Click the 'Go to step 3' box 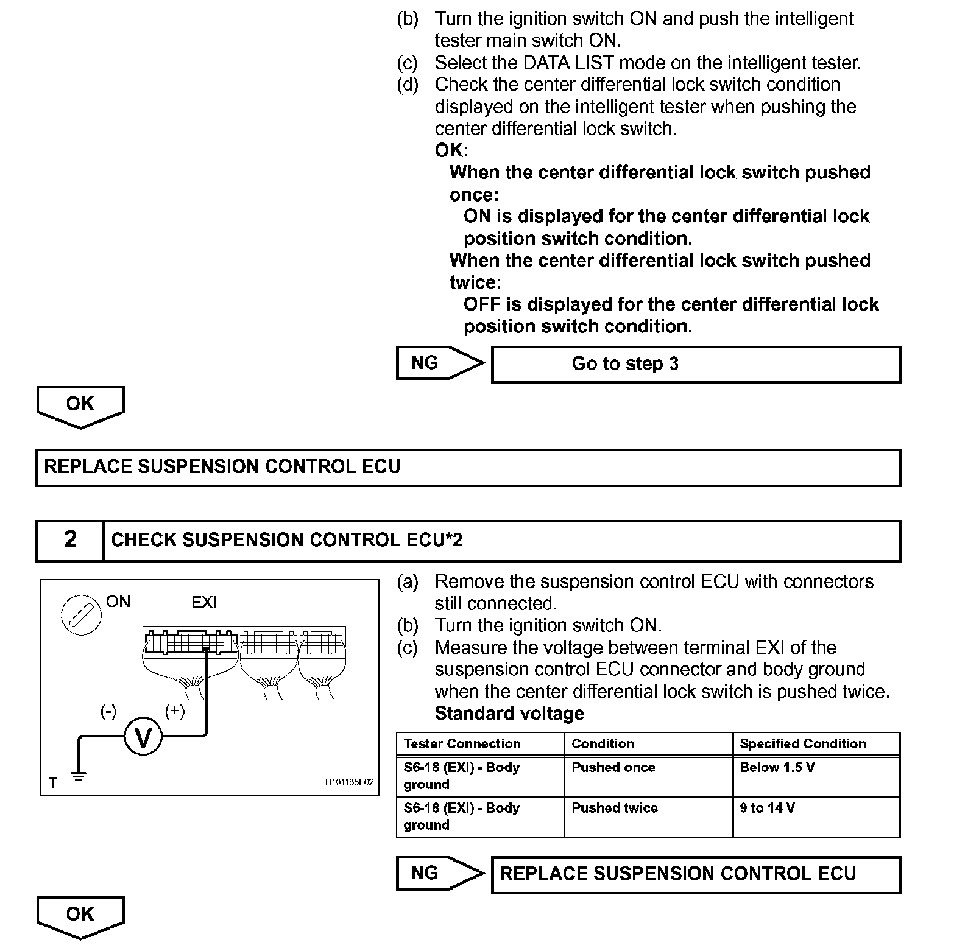click(x=696, y=365)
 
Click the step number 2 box click(x=70, y=540)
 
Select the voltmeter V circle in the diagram click(x=143, y=737)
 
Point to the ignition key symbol click(x=80, y=615)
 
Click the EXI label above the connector click(x=204, y=603)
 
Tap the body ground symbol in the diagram click(x=78, y=777)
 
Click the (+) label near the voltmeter click(x=175, y=711)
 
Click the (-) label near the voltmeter click(x=108, y=711)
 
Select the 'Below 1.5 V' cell click(x=816, y=776)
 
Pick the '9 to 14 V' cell click(x=816, y=817)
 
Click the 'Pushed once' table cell click(x=648, y=776)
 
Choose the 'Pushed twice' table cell click(x=648, y=817)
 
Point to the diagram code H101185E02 click(x=349, y=782)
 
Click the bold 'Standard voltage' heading click(x=509, y=714)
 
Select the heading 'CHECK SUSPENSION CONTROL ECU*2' click(x=287, y=540)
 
